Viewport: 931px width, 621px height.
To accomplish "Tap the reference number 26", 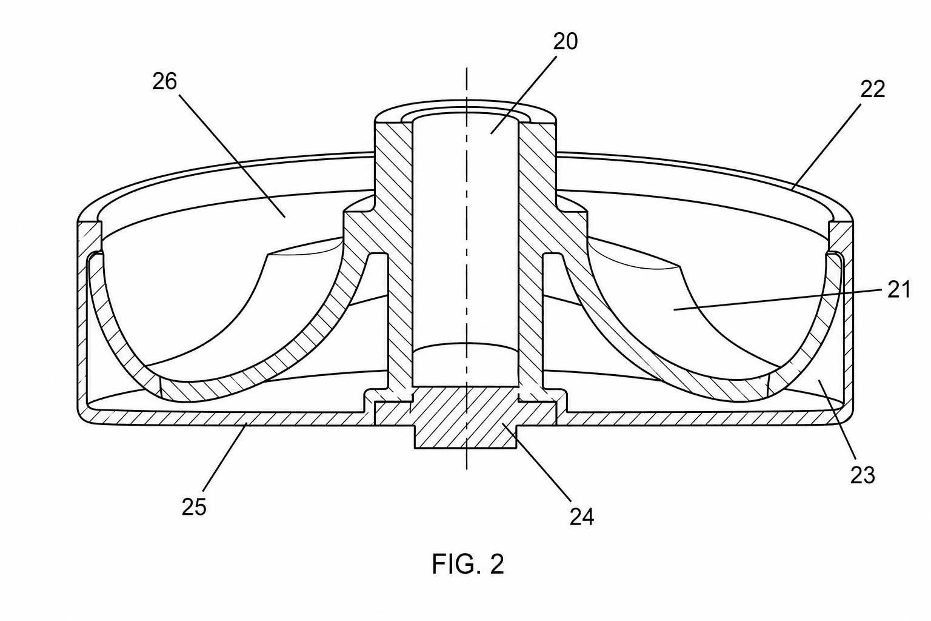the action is pos(165,81).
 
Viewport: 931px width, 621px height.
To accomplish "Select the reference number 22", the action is pos(872,89).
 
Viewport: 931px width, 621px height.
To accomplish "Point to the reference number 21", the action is pos(899,290).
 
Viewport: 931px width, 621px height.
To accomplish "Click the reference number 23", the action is pos(863,475).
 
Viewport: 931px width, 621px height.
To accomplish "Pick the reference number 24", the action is pos(581,517).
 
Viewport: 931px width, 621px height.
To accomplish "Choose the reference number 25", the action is pos(194,506).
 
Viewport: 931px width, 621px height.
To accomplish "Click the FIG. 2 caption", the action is pos(468,565).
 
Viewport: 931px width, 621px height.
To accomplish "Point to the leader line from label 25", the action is pos(225,457).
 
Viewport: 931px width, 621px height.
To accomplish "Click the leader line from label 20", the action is pos(524,95).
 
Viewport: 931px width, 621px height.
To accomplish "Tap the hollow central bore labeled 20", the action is pos(465,250).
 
